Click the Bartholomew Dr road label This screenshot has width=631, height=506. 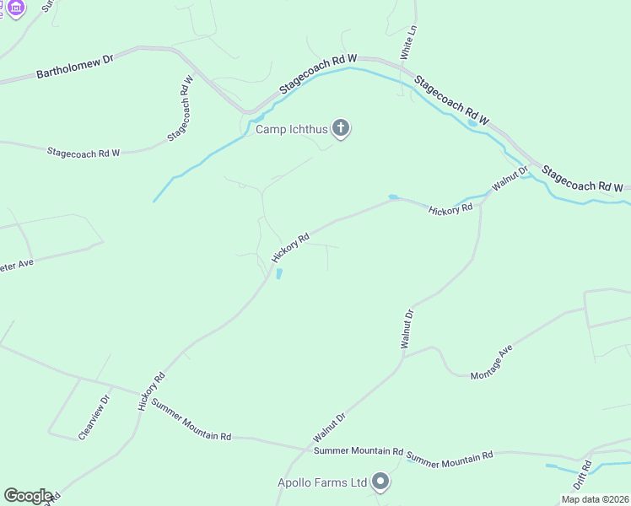74,68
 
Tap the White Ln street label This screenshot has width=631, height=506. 409,40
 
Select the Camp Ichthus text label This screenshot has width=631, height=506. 291,129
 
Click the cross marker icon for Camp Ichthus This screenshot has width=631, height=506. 340,128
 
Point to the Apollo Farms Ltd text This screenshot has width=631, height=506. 323,482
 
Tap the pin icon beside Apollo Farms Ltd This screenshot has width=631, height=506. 380,482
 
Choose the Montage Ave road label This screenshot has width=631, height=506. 491,361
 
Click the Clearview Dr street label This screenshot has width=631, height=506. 94,417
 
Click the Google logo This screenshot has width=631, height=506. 28,496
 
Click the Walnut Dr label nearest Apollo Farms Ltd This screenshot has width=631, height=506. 330,428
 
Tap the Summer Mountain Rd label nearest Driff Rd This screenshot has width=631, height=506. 450,457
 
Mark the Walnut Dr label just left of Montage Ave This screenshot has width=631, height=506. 407,329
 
